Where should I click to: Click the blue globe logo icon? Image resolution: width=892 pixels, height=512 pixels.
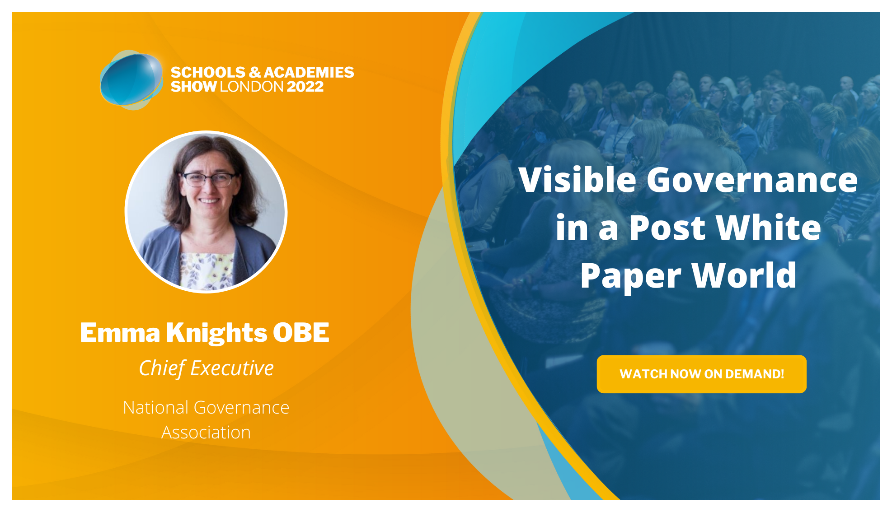pos(131,80)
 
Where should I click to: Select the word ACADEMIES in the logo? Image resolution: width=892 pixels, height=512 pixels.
pos(309,72)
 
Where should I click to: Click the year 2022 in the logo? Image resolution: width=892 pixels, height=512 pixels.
pos(305,86)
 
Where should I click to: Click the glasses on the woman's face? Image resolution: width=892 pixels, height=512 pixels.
pos(209,179)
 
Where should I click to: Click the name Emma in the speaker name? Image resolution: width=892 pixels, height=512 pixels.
pos(120,333)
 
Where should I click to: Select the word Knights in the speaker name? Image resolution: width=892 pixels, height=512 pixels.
pos(216,334)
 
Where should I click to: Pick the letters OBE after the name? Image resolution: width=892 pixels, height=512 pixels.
pos(301,333)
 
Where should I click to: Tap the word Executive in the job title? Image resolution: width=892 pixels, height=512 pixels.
pos(232,368)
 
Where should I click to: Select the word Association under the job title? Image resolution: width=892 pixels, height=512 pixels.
pos(206,433)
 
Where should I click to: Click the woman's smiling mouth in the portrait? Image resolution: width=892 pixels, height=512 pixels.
pos(209,200)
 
